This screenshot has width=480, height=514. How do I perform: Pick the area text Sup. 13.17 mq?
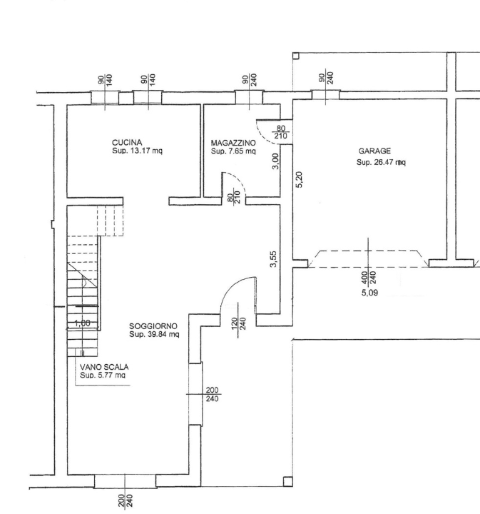pyautogui.click(x=138, y=151)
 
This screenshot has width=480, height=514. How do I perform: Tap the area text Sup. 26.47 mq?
pyautogui.click(x=381, y=162)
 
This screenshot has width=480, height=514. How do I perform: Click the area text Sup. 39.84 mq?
pyautogui.click(x=153, y=333)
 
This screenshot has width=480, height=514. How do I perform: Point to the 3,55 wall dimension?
pyautogui.click(x=273, y=258)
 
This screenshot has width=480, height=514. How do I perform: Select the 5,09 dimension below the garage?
pyautogui.click(x=370, y=293)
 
